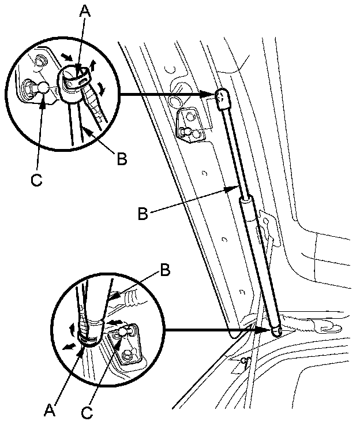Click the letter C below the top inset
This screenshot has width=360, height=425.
36,180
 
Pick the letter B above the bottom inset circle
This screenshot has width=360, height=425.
164,270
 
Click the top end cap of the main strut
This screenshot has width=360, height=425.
223,99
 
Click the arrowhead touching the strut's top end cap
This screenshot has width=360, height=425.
211,94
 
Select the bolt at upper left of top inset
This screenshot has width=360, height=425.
40,61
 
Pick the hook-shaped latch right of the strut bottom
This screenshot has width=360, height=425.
323,329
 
